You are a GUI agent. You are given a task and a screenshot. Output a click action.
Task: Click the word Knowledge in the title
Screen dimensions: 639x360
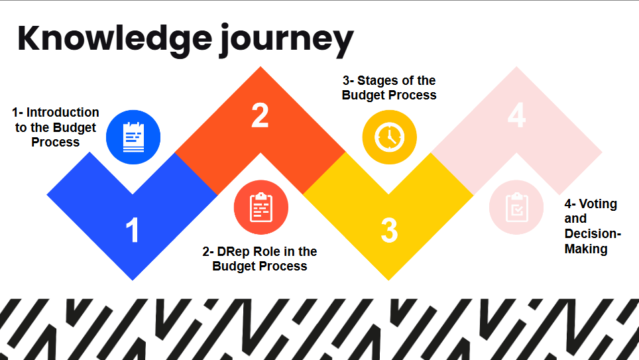tap(115, 38)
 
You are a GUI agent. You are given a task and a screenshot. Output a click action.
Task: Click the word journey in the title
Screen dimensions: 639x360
tap(287, 40)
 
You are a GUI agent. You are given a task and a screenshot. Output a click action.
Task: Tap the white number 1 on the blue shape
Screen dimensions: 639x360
tap(132, 230)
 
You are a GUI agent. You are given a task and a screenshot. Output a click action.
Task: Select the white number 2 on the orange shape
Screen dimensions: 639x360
tap(260, 115)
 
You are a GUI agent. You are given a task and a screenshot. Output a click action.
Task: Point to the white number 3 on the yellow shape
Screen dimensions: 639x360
tap(389, 231)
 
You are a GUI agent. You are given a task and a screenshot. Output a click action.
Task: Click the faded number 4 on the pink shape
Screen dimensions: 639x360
tap(516, 115)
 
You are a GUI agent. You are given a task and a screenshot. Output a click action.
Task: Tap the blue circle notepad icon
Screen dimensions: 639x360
tap(133, 137)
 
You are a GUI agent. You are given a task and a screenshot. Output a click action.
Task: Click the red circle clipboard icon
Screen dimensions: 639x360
tap(261, 207)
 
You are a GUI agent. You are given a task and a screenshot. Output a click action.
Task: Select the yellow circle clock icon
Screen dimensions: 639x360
tap(389, 137)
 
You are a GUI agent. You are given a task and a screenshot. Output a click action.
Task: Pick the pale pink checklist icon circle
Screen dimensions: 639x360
tap(516, 207)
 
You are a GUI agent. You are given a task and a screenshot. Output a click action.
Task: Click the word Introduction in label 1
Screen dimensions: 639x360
tap(63, 112)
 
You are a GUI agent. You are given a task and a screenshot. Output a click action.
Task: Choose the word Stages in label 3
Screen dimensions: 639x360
tap(376, 81)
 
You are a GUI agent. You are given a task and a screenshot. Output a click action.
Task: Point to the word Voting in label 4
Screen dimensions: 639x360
tap(599, 204)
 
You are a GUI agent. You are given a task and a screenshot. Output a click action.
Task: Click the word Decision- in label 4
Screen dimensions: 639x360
tap(593, 233)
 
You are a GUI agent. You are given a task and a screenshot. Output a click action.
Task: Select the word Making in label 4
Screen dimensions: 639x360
tap(586, 249)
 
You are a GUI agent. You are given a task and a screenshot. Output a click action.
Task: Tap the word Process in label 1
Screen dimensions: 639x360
tap(56, 142)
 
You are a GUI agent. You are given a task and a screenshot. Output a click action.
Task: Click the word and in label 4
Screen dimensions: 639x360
tap(575, 219)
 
